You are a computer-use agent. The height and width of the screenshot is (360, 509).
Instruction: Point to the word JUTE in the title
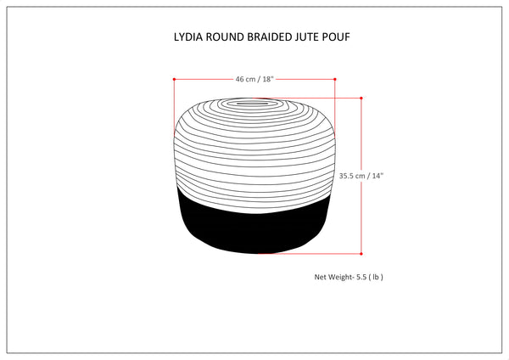(310, 38)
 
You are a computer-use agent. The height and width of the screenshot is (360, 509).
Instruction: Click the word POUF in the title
(339, 38)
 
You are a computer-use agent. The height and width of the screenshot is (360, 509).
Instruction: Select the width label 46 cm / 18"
(255, 79)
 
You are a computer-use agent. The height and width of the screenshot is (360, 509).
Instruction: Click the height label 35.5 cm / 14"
(361, 177)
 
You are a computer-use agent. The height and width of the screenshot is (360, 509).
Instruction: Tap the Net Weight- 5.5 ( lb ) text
(350, 277)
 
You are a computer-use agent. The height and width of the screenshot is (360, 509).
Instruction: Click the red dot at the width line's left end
(174, 79)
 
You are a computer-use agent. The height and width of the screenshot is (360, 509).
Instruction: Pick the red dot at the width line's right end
(335, 79)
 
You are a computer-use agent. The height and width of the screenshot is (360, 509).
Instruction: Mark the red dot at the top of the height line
(362, 99)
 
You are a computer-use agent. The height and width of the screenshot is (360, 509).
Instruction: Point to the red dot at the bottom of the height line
(362, 254)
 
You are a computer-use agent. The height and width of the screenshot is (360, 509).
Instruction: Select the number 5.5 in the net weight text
(364, 277)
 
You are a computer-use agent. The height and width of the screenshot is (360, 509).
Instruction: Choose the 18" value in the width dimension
(268, 79)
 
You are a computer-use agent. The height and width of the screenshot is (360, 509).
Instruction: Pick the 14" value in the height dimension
(376, 177)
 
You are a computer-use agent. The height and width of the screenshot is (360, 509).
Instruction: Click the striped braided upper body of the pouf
(255, 149)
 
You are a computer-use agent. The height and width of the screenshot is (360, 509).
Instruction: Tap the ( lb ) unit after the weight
(379, 277)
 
